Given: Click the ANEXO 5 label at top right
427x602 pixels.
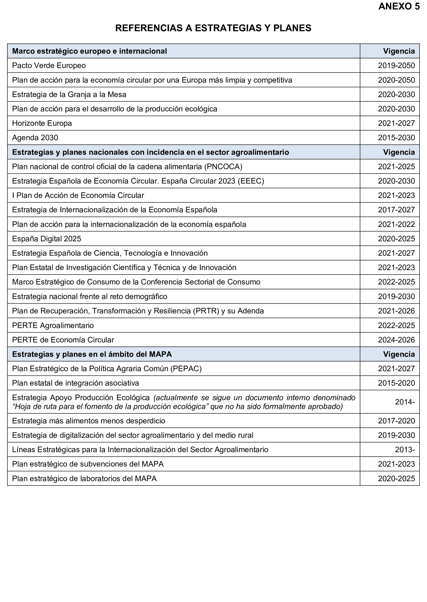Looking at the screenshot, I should point(399,6).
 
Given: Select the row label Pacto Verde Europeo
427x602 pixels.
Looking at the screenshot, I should point(49,65).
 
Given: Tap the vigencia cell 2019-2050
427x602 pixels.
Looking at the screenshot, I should point(396,65).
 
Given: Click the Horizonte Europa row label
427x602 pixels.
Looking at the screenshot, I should point(42,123).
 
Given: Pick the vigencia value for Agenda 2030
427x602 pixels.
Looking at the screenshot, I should point(396,138).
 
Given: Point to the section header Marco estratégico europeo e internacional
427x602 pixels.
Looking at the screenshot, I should point(89,51).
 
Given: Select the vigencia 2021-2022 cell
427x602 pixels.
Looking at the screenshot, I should point(396,224).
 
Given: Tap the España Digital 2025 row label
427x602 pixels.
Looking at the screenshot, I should point(47,239).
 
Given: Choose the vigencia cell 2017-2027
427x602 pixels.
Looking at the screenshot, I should point(396,210).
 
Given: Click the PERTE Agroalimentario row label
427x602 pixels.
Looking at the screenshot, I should point(53,326).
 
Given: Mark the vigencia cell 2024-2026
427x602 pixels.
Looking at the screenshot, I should point(396,340).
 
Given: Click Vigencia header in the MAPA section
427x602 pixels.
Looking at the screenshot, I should point(399,354).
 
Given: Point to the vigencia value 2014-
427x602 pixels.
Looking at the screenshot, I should point(405,402).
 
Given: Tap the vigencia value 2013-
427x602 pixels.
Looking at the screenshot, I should point(405,450).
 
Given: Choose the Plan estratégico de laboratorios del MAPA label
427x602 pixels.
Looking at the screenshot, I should point(84,479).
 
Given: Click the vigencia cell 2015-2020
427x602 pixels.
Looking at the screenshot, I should point(396,383).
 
